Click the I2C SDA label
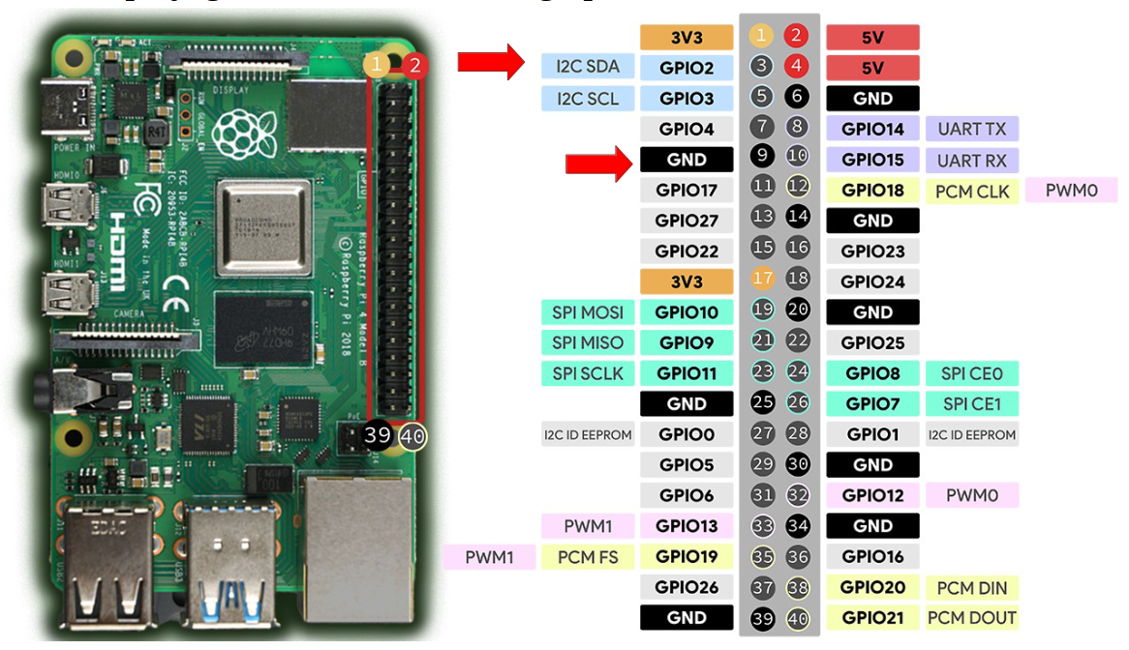tap(588, 67)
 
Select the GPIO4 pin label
tap(687, 129)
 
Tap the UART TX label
tap(972, 129)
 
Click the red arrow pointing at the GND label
tap(598, 161)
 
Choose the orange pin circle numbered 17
tap(762, 281)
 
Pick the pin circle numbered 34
tap(798, 526)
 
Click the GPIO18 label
tap(872, 191)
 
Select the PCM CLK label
tap(972, 192)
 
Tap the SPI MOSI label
tap(588, 311)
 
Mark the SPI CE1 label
tap(972, 403)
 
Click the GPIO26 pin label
tap(687, 586)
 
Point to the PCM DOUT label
tap(972, 617)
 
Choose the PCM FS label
tap(588, 556)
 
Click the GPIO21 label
tap(872, 617)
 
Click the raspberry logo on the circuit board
tap(236, 129)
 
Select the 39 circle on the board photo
tap(377, 435)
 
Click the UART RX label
tap(972, 161)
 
